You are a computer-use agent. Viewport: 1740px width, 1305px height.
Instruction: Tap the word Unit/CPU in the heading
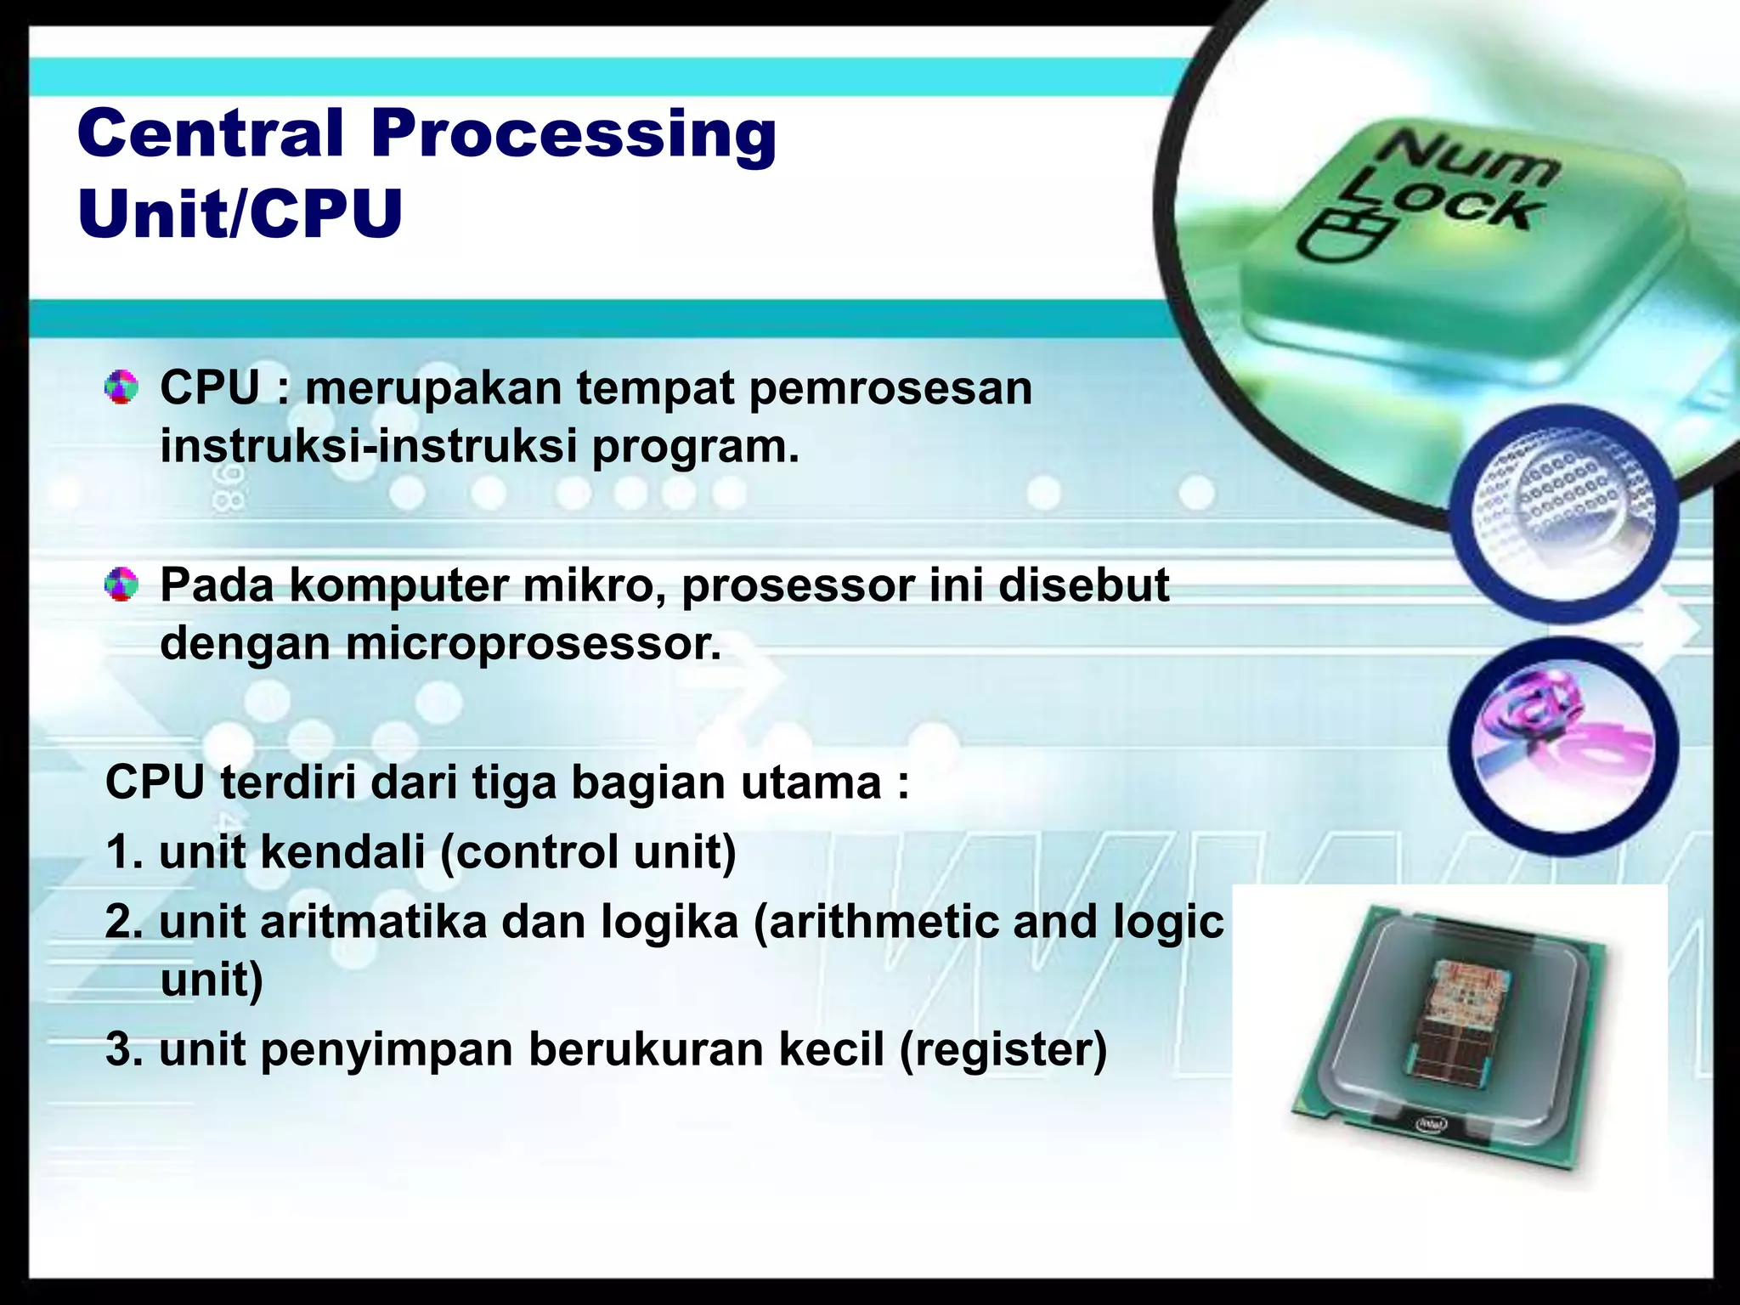240,214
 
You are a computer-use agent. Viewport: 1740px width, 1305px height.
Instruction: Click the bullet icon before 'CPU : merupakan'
121,387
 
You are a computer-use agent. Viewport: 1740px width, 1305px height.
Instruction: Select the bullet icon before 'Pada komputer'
121,585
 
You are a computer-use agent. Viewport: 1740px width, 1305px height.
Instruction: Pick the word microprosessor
534,643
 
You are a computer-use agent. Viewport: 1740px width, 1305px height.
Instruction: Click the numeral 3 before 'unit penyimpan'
119,1049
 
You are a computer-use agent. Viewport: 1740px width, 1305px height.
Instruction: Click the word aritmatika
374,923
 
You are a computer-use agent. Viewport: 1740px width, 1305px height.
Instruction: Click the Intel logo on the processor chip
1430,1124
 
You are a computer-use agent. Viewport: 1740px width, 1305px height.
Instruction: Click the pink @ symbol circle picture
1562,745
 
